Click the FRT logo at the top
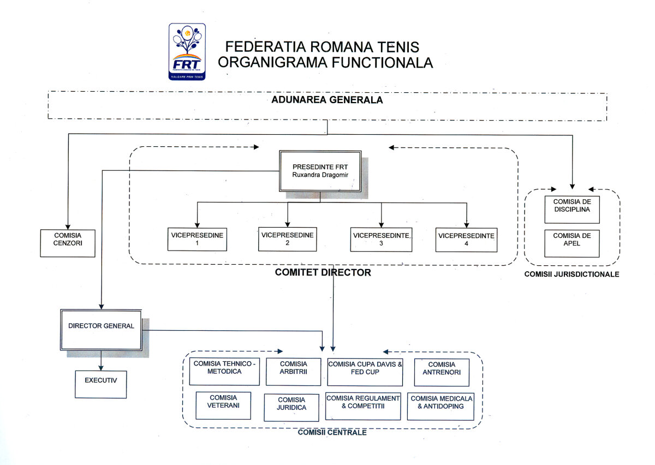click(x=187, y=51)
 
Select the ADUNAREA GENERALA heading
click(x=327, y=100)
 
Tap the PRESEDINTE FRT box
click(x=320, y=171)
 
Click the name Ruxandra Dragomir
click(x=320, y=175)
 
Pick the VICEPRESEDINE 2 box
click(x=287, y=239)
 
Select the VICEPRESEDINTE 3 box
click(x=381, y=239)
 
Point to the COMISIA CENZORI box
click(x=68, y=242)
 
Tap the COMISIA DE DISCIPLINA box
click(x=571, y=210)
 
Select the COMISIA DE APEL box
click(x=571, y=243)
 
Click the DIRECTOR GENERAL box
click(x=101, y=330)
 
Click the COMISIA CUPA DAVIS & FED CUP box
click(x=365, y=372)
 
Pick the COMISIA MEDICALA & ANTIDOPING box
click(x=440, y=406)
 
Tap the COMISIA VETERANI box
click(x=223, y=404)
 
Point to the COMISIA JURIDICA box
click(x=291, y=407)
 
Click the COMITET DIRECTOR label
click(x=323, y=272)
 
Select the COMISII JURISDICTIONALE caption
click(x=571, y=274)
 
